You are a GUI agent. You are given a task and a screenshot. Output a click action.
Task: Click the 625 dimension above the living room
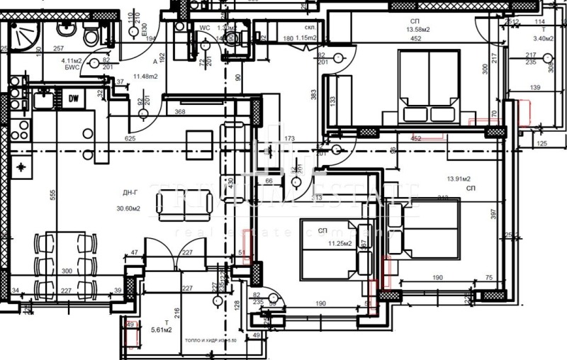(130, 138)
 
